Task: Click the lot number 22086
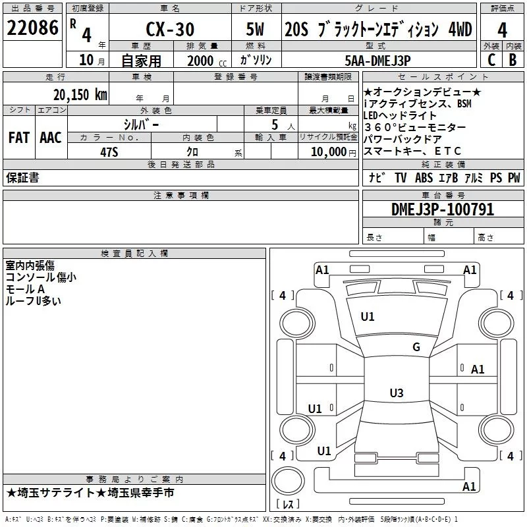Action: point(32,28)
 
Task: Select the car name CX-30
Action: point(170,29)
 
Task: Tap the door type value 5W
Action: point(255,29)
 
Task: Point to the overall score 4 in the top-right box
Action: point(502,30)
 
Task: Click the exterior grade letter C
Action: point(491,60)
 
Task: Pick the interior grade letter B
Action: point(513,60)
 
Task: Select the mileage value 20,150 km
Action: point(80,95)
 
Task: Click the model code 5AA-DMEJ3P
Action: point(377,61)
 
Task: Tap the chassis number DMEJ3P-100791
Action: point(443,209)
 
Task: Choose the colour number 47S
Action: point(109,152)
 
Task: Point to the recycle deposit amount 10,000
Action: point(329,152)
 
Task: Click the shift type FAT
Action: point(19,138)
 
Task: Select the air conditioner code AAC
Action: point(51,138)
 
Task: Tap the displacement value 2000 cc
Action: point(207,61)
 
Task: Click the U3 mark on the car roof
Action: point(397,393)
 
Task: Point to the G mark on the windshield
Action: point(416,347)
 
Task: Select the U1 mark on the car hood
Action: point(368,316)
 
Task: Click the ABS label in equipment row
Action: point(424,177)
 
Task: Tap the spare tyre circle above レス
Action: point(288,481)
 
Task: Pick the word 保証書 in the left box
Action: point(22,177)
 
